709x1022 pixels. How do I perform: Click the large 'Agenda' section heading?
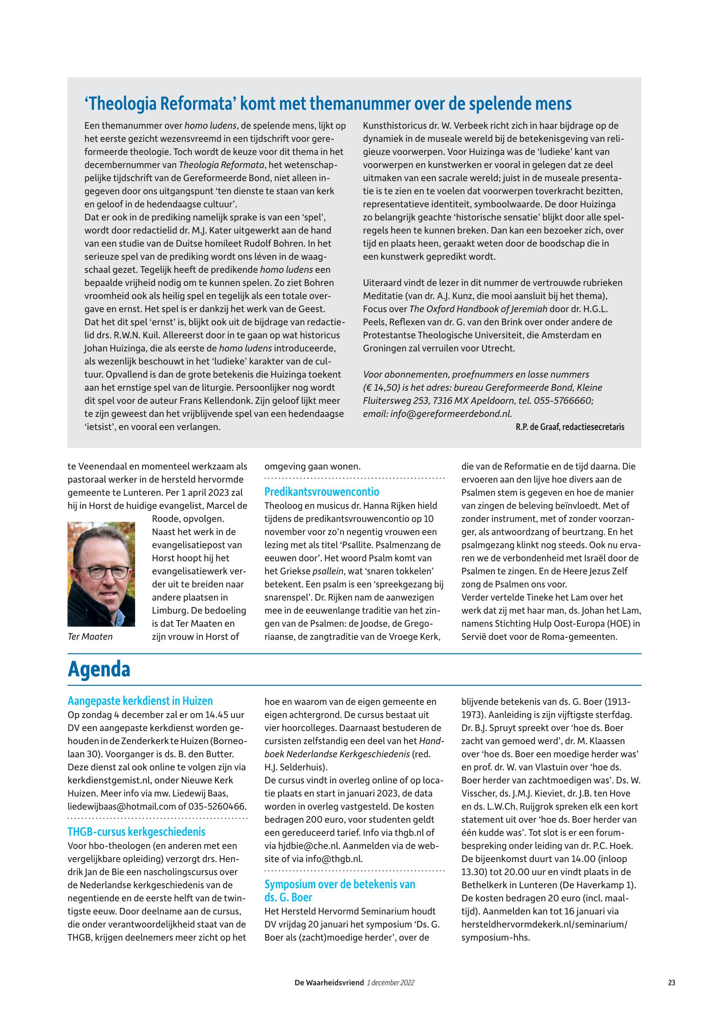(99, 670)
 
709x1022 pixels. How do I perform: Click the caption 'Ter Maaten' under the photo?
(90, 637)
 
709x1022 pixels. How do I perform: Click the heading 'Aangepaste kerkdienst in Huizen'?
(140, 701)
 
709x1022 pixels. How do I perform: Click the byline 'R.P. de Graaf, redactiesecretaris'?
(570, 427)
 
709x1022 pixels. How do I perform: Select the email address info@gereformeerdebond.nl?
(451, 413)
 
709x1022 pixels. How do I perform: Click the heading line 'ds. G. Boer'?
(288, 897)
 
